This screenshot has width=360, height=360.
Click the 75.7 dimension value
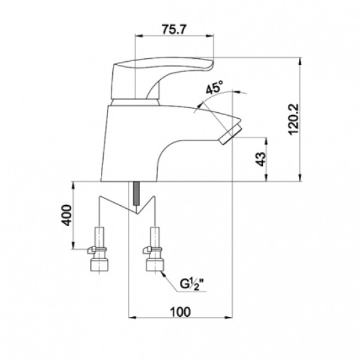pyautogui.click(x=173, y=29)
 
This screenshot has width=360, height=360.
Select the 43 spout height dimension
pyautogui.click(x=260, y=159)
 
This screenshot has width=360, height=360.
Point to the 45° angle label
pyautogui.click(x=214, y=87)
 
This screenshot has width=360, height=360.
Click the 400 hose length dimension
pyautogui.click(x=67, y=215)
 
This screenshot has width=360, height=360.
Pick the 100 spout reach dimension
pyautogui.click(x=180, y=312)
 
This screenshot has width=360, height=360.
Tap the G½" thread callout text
pyautogui.click(x=192, y=284)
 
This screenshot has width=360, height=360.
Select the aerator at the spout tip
pyautogui.click(x=230, y=134)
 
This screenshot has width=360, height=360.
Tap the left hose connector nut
pyautogui.click(x=99, y=265)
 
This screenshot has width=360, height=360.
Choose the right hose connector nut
pyautogui.click(x=155, y=265)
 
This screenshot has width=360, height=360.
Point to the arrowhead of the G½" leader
pyautogui.click(x=163, y=274)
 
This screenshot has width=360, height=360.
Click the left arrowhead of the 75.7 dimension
pyautogui.click(x=139, y=35)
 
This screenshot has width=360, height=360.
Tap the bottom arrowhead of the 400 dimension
pyautogui.click(x=73, y=245)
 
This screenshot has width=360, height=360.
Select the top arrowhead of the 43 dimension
pyautogui.click(x=266, y=141)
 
